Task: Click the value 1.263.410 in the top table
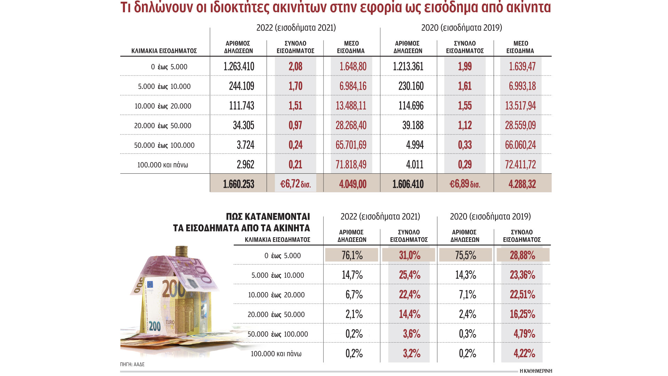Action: coord(239,66)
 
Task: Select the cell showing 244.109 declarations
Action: coord(241,86)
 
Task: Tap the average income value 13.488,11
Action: coord(351,106)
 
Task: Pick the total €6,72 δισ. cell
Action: coord(295,184)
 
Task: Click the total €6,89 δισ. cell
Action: coord(465,184)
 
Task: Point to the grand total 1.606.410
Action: coord(408,184)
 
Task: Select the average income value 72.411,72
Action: coord(520,165)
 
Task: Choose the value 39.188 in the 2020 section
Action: coord(413,125)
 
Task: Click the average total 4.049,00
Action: coord(352,184)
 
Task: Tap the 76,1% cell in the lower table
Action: coord(352,255)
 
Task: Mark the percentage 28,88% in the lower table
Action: coord(522,255)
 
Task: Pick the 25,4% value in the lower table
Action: coord(409,275)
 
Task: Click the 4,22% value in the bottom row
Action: coord(524,354)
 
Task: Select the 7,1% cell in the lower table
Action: coord(467,295)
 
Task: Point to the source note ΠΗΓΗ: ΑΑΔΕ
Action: coord(132,365)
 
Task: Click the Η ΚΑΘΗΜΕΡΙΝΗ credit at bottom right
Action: coord(535,371)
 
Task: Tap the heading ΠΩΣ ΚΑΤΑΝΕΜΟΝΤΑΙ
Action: coord(268,217)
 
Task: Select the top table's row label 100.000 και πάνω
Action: coord(162,165)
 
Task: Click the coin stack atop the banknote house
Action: coord(181,251)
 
